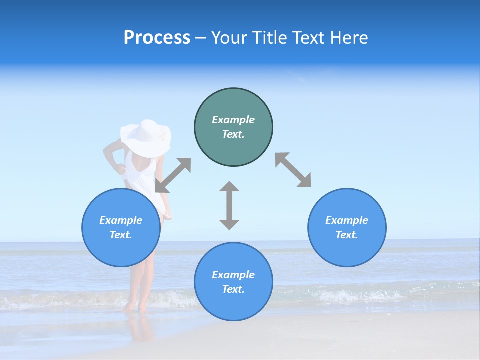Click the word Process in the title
(x=157, y=38)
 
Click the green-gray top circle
(x=233, y=127)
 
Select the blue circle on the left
(x=121, y=227)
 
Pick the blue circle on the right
(x=347, y=227)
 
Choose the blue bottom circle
(x=233, y=281)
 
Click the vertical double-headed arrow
(x=229, y=205)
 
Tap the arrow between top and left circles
(x=173, y=175)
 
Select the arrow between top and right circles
(x=293, y=170)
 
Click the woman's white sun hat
(x=146, y=137)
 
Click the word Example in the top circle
(x=233, y=120)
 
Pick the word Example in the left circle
(x=121, y=220)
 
